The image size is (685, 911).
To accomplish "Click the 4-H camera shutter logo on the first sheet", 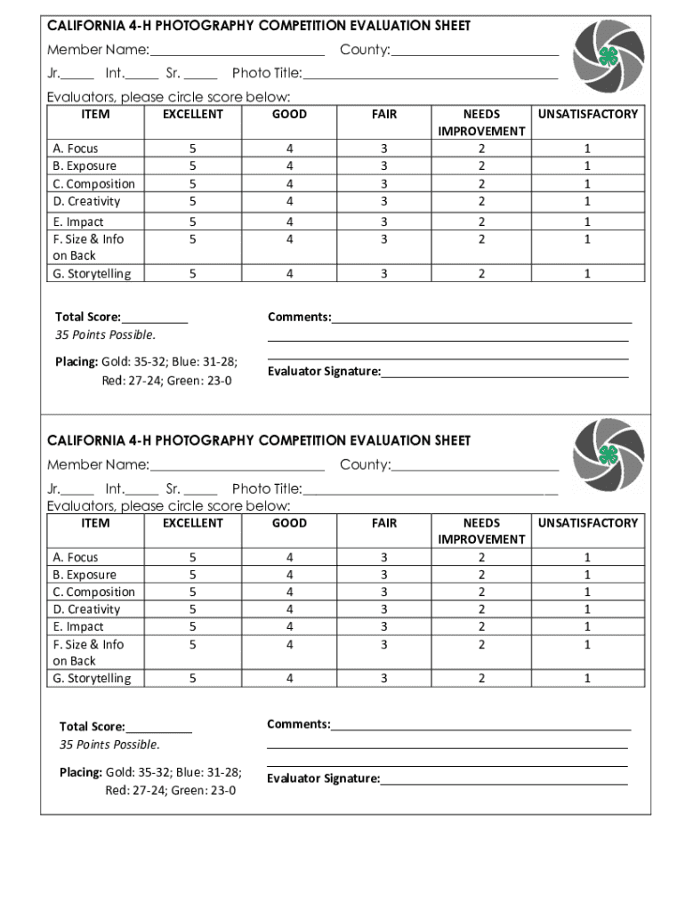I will [608, 57].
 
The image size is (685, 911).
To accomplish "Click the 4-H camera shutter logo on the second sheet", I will [608, 455].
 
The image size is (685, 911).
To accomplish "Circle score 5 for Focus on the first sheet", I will [192, 149].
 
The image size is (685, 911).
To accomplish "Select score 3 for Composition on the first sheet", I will [384, 183].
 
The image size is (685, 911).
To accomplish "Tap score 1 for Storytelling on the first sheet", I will [587, 274].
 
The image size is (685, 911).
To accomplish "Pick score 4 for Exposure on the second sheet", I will [289, 575].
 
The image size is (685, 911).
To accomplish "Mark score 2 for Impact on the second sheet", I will [481, 626].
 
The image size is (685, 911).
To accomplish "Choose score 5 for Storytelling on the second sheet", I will [192, 679].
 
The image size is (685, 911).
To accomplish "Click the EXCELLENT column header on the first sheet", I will [192, 114].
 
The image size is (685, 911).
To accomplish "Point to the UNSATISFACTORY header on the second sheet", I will [587, 523].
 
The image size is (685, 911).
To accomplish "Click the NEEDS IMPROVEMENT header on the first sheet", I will [481, 123].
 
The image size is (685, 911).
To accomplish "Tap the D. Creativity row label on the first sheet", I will [86, 201].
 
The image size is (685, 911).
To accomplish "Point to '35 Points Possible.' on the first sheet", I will [105, 335].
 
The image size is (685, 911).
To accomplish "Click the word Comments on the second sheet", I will [298, 724].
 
